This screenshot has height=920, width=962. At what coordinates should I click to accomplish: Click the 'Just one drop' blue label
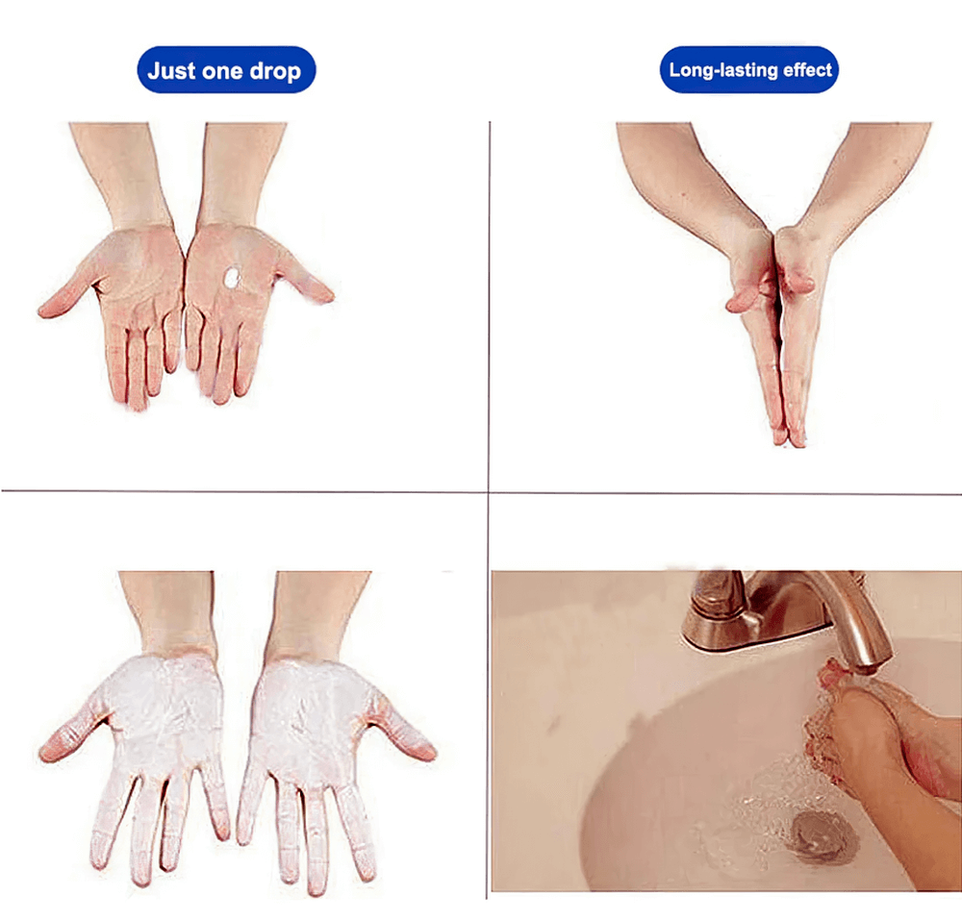pos(226,70)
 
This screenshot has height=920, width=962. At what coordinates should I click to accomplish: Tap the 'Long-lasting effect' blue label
pos(749,70)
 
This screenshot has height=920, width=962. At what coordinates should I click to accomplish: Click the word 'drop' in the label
pos(275,72)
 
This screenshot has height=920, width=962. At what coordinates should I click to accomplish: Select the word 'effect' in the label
pos(807,70)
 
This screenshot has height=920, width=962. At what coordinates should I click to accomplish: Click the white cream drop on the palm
pos(232,278)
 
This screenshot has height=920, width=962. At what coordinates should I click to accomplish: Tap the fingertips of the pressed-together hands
pos(789,439)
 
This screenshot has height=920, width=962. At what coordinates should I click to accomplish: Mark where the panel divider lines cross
pos(489,491)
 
